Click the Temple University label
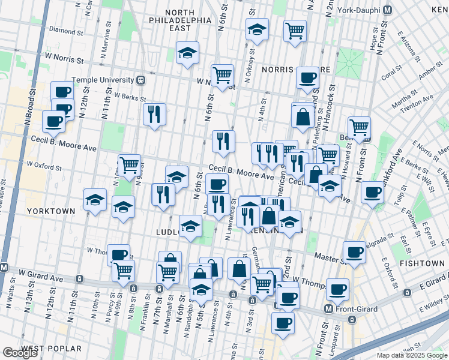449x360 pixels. click(x=103, y=80)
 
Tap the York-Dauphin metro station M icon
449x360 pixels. click(x=387, y=10)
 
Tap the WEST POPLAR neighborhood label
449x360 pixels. click(x=51, y=349)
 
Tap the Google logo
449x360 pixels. click(x=20, y=353)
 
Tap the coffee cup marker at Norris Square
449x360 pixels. click(x=308, y=76)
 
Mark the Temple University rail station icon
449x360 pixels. click(x=140, y=79)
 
